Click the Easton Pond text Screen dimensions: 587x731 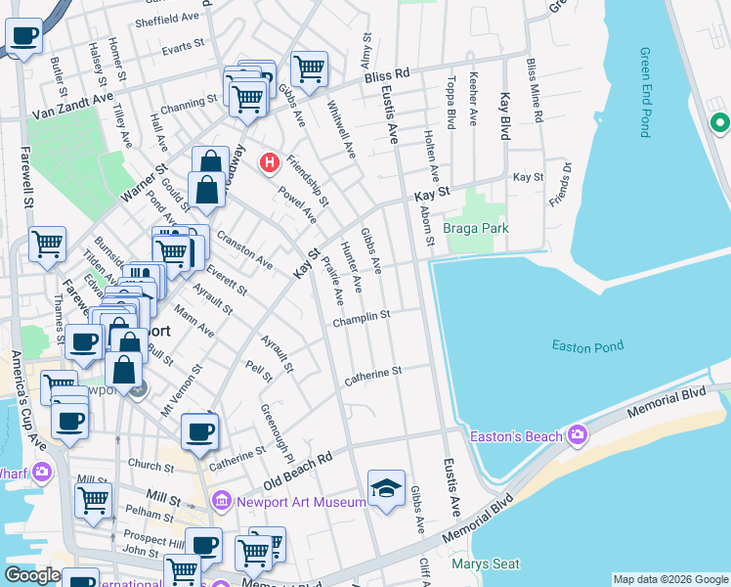coord(587,345)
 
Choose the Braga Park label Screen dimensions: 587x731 coord(476,228)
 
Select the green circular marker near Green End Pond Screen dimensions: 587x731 coord(719,123)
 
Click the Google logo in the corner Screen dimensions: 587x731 coord(33,575)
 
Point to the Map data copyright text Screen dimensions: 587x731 coord(670,579)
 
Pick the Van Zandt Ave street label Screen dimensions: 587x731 coord(72,107)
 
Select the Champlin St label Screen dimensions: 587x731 coord(361,316)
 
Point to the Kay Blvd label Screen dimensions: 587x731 coord(505,116)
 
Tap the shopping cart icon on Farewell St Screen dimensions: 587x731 coord(47,245)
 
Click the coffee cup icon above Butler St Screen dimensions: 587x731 coord(24,36)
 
